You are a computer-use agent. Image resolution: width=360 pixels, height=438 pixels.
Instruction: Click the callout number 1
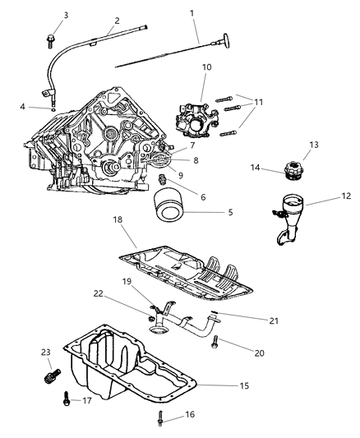point(192,13)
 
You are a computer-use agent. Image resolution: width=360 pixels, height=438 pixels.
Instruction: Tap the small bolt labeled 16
point(158,419)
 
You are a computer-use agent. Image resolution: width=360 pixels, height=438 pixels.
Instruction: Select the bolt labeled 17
point(64,403)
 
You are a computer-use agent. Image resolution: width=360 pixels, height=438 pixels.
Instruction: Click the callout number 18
point(118,219)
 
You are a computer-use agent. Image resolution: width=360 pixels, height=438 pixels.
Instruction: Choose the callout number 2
point(117,21)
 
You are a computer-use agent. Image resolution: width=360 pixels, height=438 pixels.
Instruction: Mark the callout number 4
point(23,105)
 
